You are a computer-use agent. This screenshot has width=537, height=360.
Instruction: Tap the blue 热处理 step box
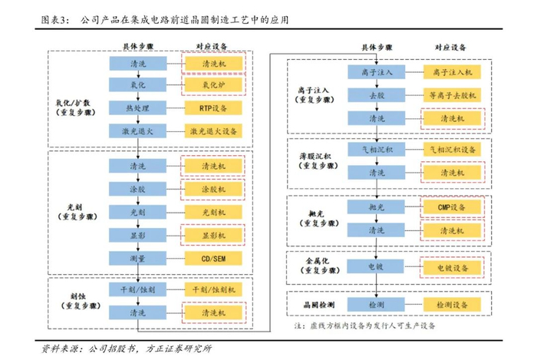click(x=138, y=108)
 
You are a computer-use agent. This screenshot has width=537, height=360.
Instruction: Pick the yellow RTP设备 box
click(x=212, y=108)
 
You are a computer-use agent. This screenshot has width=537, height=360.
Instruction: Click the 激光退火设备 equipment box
click(x=212, y=131)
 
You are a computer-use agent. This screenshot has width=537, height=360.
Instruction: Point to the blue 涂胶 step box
click(x=138, y=189)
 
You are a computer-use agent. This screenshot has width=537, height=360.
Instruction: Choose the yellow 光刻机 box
click(x=212, y=212)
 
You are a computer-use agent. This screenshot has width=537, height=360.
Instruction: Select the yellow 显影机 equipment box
click(x=212, y=235)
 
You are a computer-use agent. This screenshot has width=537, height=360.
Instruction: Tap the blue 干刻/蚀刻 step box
click(x=138, y=290)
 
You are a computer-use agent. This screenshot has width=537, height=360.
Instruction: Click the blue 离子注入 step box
click(x=376, y=72)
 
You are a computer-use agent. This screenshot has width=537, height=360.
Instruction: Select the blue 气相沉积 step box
click(x=376, y=149)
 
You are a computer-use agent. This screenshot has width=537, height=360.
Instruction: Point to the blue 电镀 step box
click(x=376, y=267)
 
